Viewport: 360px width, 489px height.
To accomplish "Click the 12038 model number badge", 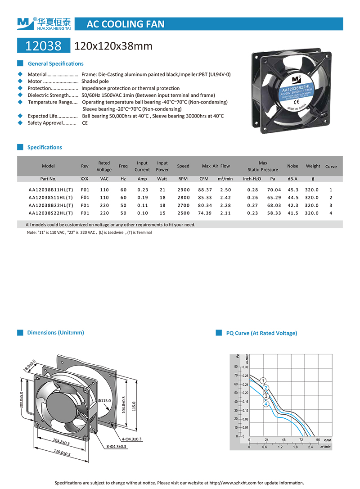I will pos(43,45).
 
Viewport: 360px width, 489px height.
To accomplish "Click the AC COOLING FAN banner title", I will pos(125,24).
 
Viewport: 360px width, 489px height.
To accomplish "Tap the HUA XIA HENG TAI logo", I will pos(44,23).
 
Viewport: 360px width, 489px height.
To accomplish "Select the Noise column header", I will pos(292,166).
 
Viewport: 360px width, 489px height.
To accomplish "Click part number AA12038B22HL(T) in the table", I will pos(50,205).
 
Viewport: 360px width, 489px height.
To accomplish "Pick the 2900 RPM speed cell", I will pos(183,190).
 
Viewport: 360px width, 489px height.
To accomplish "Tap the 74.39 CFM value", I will pos(205,213).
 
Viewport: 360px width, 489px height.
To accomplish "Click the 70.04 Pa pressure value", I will pos(274,190).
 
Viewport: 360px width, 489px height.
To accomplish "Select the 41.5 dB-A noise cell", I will pos(293,213).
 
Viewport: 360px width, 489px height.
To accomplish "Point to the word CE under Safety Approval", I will pos(85,123).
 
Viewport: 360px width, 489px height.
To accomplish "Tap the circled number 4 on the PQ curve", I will pos(266,404).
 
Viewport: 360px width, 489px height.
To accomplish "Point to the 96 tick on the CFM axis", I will pos(318,440).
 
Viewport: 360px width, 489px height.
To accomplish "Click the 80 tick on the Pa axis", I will pos(236,367).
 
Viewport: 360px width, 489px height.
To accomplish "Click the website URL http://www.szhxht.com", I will pos(233,483).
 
